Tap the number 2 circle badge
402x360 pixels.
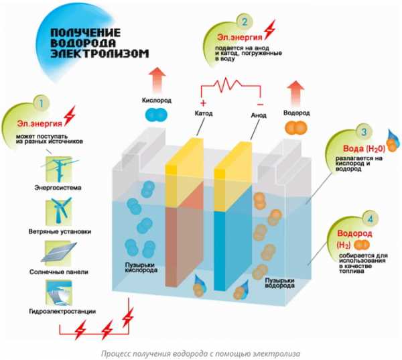245,23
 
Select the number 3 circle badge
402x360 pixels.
363,133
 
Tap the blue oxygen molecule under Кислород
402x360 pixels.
155,116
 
